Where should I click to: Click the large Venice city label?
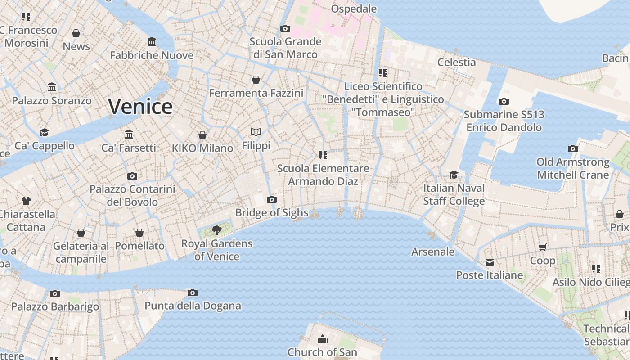tap(140, 107)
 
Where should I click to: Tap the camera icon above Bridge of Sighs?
tap(271, 199)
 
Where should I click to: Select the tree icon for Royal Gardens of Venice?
tap(216, 230)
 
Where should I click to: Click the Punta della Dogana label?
tap(193, 306)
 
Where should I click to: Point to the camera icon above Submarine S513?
tap(504, 101)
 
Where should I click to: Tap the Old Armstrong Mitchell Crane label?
tap(572, 168)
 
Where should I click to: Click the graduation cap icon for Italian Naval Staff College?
tap(454, 175)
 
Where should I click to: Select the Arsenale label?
tap(432, 252)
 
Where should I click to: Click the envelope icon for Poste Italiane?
tap(489, 262)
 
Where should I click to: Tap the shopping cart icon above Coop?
tap(542, 247)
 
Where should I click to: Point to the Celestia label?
tap(456, 62)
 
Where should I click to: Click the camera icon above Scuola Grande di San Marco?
tap(285, 29)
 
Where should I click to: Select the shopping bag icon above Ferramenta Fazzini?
tap(256, 80)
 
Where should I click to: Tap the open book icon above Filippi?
tap(256, 132)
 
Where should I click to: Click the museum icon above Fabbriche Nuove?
tap(152, 42)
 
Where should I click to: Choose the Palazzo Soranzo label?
tap(52, 100)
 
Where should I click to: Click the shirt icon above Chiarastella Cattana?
tap(26, 201)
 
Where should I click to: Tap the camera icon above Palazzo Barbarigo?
tap(54, 293)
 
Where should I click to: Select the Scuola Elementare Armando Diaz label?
tap(323, 175)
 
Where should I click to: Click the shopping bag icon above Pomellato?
tap(139, 233)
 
